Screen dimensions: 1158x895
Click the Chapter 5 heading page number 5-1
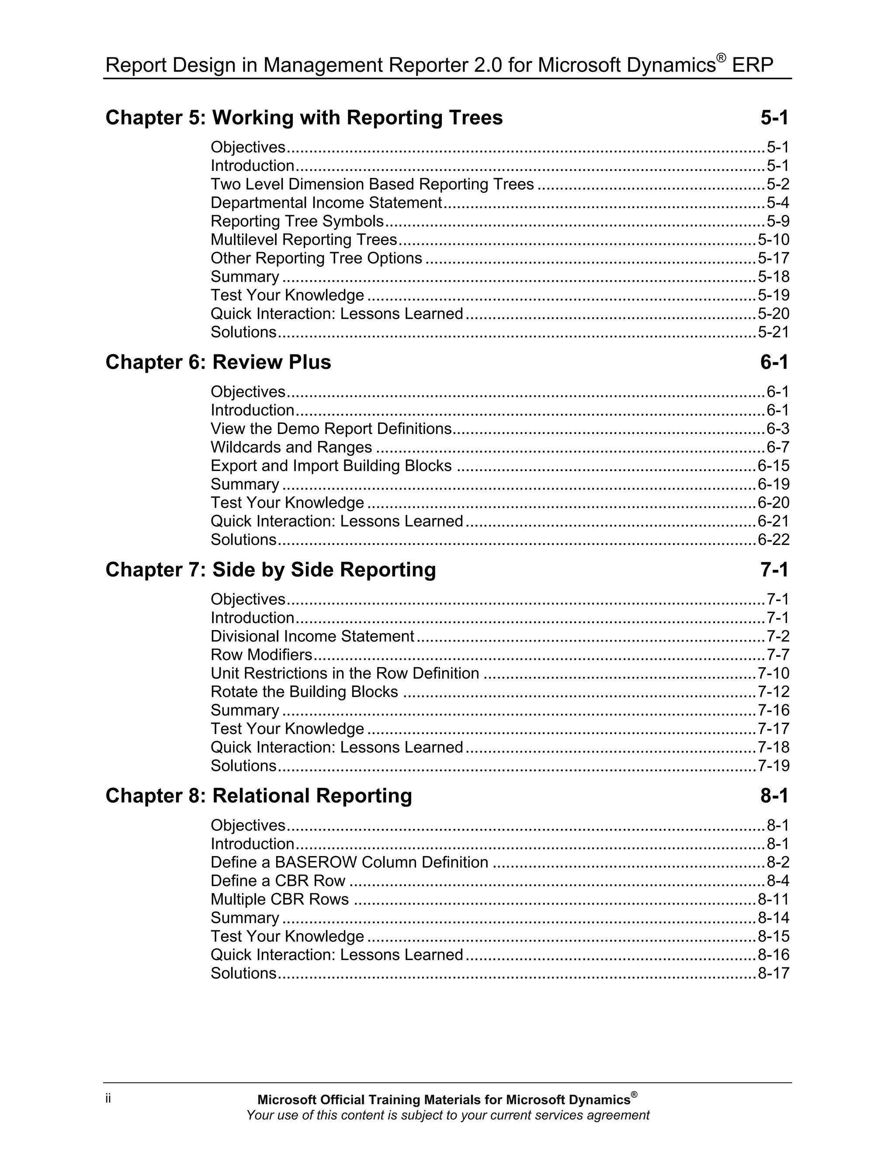point(774,118)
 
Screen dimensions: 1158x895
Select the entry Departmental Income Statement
point(326,203)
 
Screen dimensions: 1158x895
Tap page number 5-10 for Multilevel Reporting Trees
point(773,239)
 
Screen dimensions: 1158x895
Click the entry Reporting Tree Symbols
point(297,221)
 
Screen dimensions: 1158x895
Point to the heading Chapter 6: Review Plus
point(218,362)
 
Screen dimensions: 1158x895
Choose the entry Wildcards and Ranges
point(291,447)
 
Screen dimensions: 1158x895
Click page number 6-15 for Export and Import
point(773,465)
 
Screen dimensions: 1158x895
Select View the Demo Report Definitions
point(331,428)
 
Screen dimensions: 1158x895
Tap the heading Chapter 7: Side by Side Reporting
point(271,569)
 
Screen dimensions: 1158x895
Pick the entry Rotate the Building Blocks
point(304,691)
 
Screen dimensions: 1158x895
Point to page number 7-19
point(773,766)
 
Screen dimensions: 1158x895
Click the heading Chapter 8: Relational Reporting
point(258,796)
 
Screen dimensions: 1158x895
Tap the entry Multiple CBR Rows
point(279,899)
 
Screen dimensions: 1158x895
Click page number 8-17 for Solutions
point(773,973)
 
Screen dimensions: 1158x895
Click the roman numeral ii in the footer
point(108,1098)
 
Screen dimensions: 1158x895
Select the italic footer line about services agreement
point(447,1115)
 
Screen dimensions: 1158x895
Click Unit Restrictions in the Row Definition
point(345,673)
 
